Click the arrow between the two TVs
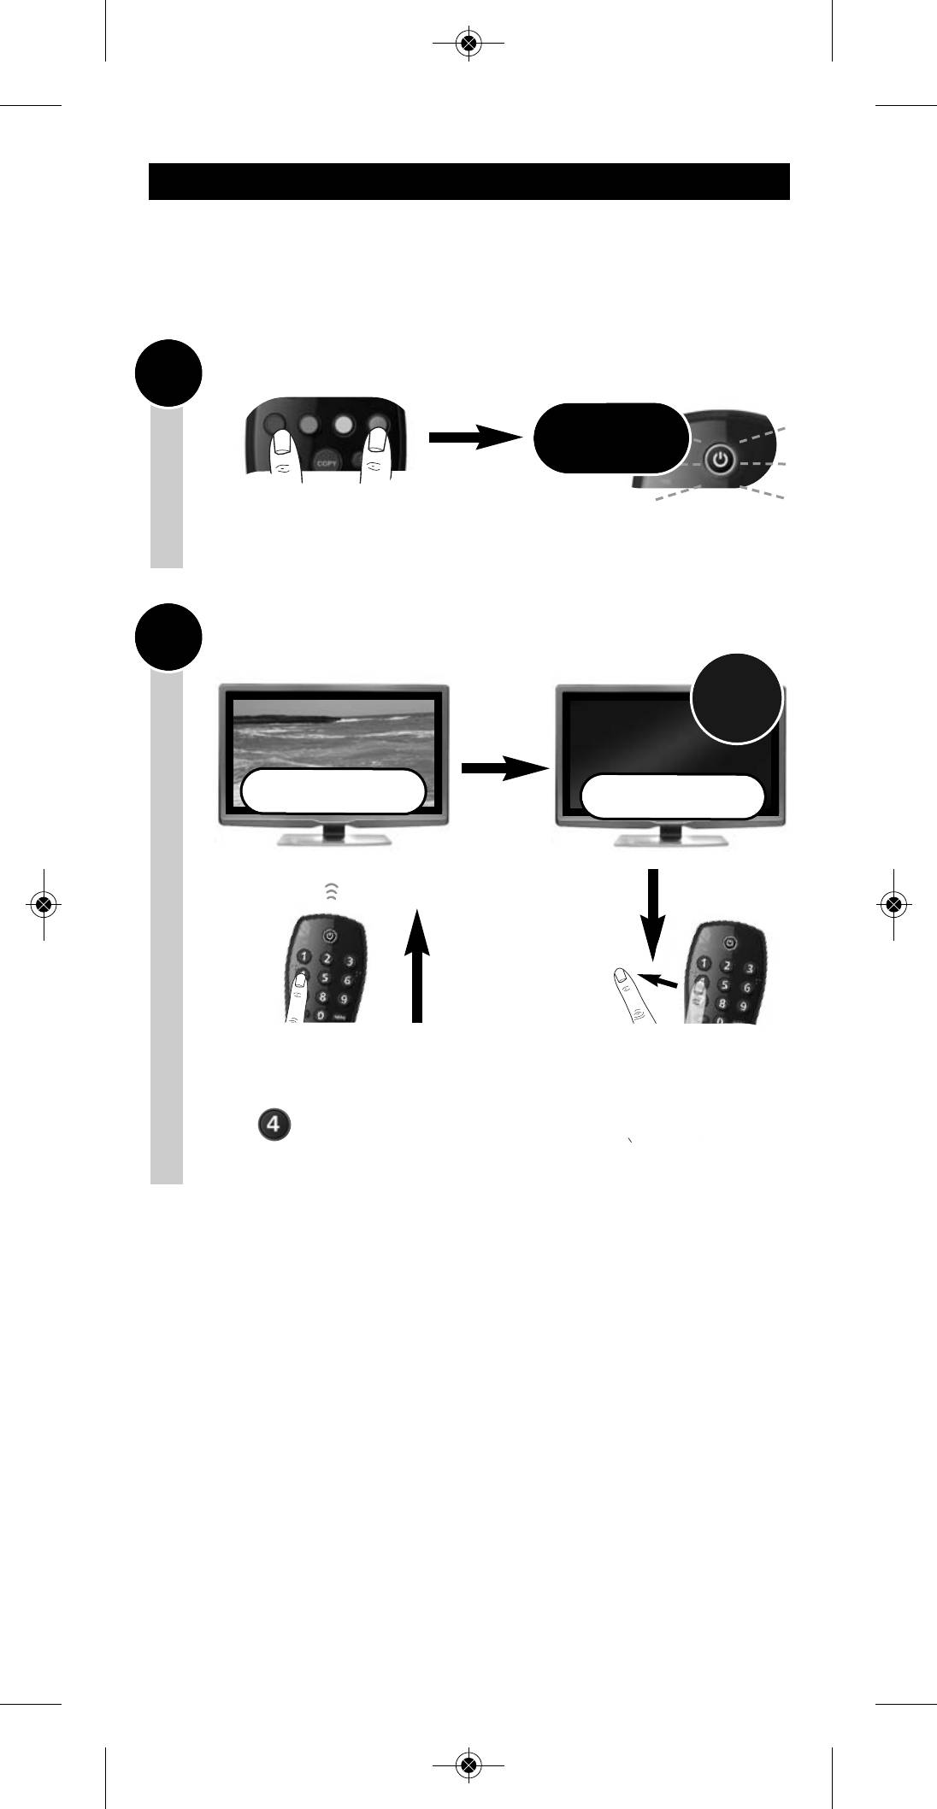503,768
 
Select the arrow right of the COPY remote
474,438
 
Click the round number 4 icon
274,1125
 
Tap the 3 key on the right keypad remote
749,968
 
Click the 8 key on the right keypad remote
723,1004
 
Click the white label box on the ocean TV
333,792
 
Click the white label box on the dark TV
672,797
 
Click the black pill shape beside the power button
610,438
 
